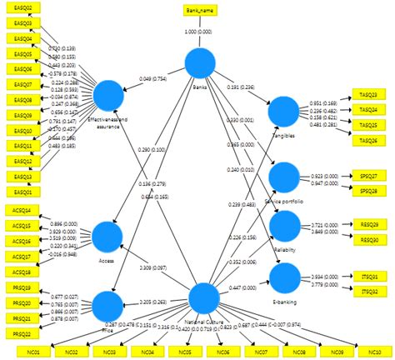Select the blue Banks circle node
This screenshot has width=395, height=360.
tap(199, 63)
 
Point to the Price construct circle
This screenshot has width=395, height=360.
tap(107, 304)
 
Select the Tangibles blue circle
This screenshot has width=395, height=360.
tap(283, 111)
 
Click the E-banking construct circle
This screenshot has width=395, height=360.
tap(283, 277)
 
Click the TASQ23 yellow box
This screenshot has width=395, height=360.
tap(368, 95)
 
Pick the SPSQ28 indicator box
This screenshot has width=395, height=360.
tap(368, 191)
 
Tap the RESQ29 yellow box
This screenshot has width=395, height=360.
tap(368, 225)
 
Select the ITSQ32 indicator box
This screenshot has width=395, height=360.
tap(368, 292)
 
